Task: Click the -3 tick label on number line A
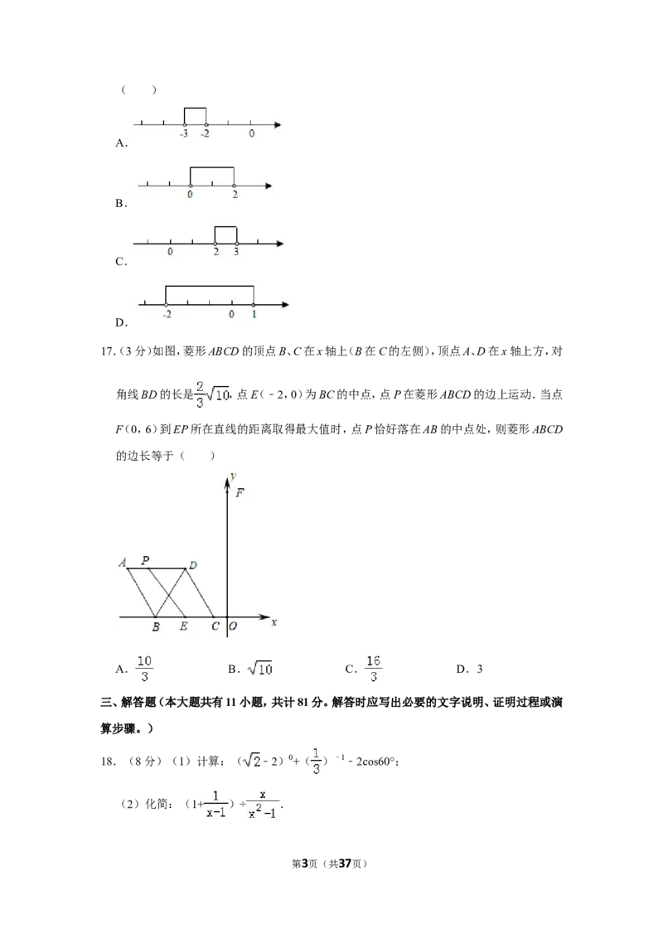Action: [184, 133]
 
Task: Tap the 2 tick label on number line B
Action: [235, 195]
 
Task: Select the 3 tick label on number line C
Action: [235, 252]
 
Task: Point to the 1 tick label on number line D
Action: [254, 314]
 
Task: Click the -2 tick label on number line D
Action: [167, 314]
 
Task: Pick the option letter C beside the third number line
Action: [121, 261]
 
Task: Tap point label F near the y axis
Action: [240, 493]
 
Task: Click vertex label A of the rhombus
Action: [123, 563]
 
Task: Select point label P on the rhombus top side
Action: [145, 560]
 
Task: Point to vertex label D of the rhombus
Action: [192, 565]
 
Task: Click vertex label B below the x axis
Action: [156, 626]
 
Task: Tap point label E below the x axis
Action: [184, 626]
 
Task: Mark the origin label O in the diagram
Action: [233, 626]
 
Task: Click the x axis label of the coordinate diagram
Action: [274, 622]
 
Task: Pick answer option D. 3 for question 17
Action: [469, 669]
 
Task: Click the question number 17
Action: [107, 351]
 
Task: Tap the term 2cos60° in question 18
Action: [376, 762]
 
